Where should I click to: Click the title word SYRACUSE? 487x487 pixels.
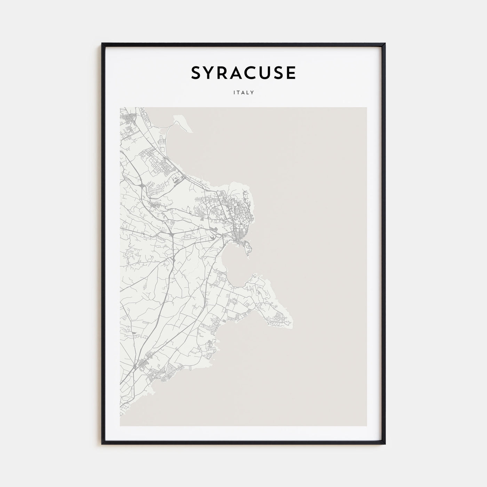(x=243, y=73)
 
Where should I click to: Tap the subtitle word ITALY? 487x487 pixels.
(x=243, y=93)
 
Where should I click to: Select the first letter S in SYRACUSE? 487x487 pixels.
(x=196, y=73)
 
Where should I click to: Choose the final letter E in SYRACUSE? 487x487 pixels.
(x=291, y=73)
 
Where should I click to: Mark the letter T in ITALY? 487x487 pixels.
(x=238, y=93)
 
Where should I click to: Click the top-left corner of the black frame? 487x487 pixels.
(x=102, y=44)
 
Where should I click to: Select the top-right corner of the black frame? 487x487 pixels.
(x=385, y=44)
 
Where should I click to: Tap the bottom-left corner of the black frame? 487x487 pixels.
(x=102, y=444)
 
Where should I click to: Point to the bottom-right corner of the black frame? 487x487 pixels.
(x=385, y=444)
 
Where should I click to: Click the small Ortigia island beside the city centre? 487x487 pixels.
(x=248, y=248)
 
